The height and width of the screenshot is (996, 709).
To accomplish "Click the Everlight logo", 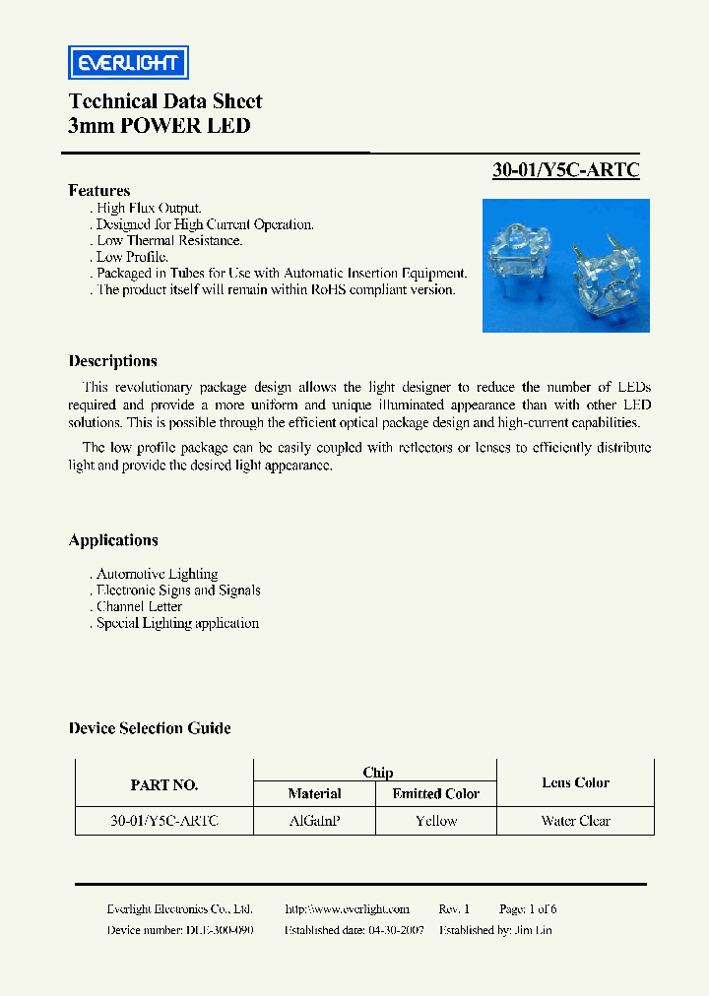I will click(x=127, y=63).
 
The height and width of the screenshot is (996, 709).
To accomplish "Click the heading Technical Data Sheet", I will click(x=164, y=101).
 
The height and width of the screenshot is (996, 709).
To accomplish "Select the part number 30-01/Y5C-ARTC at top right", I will click(x=565, y=169).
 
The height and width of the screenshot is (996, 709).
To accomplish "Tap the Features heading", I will click(x=98, y=190).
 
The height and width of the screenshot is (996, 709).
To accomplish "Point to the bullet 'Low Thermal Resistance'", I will click(x=168, y=240).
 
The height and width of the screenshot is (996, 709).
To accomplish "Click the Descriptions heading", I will click(x=112, y=361).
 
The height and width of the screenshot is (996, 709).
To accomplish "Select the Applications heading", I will click(x=113, y=540).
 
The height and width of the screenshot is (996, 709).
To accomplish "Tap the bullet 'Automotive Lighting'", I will click(x=157, y=574).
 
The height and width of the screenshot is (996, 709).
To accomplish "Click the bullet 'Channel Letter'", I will click(x=139, y=606).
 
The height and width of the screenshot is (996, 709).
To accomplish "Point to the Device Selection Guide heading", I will click(x=150, y=728).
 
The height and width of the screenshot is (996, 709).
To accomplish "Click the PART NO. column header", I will click(x=164, y=784).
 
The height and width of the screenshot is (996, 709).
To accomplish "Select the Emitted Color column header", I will click(x=435, y=793).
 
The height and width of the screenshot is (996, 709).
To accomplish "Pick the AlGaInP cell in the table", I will click(x=314, y=821).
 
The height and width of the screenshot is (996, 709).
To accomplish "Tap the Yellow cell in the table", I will click(x=435, y=821).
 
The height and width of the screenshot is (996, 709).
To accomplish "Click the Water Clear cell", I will click(x=575, y=821).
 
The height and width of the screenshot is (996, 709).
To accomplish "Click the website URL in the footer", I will click(x=347, y=909).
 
